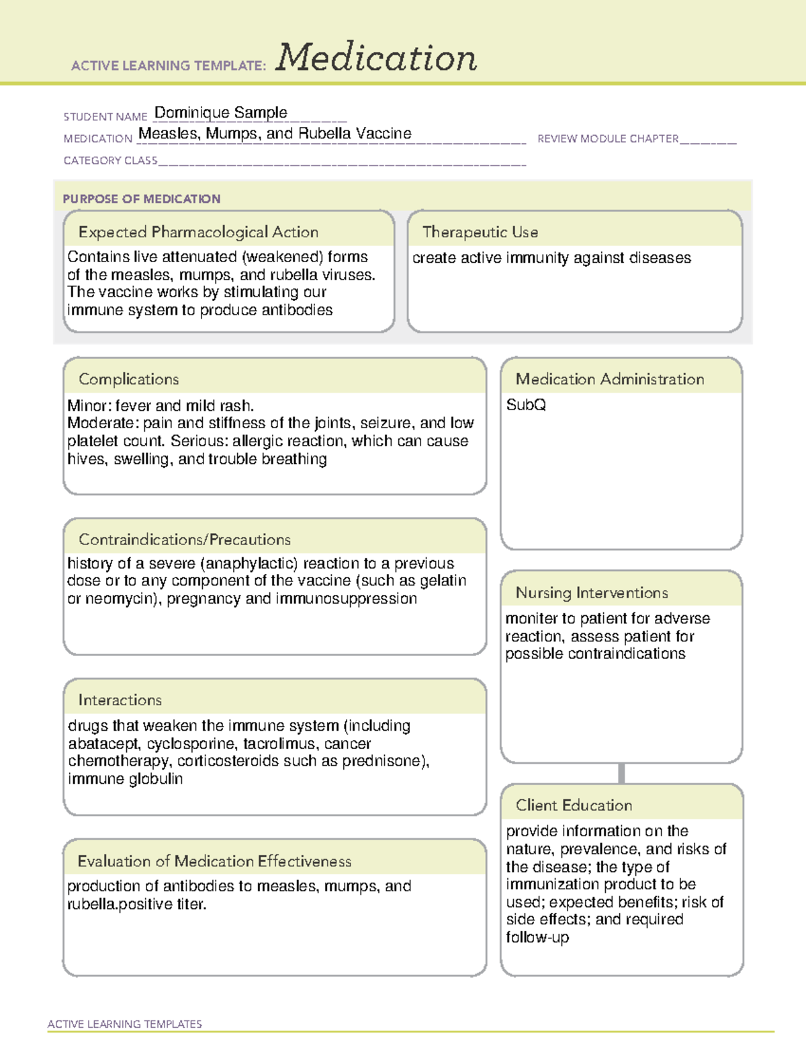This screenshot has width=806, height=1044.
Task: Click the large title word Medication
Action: pos(376,58)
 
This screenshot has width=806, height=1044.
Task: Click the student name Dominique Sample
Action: pos(220,112)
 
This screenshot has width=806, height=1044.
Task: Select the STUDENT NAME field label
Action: pos(105,117)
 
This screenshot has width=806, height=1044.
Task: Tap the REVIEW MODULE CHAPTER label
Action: pos(607,138)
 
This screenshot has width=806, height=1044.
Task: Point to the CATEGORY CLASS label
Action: pos(110,161)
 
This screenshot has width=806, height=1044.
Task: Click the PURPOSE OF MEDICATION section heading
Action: pos(141,199)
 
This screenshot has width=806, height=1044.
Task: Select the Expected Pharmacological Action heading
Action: pos(198,232)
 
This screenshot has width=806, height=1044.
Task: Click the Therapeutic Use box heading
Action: pos(480,232)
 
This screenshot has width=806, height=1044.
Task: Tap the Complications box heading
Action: pos(128,379)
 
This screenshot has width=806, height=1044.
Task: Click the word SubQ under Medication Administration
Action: pos(526,405)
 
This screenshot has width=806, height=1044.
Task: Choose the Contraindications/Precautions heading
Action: pos(184,539)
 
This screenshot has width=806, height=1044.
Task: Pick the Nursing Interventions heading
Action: pos(591,593)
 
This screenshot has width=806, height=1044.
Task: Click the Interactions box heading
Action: pos(120,700)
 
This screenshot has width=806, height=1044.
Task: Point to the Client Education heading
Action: pos(574,805)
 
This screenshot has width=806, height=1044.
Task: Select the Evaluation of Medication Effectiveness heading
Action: pos(214,861)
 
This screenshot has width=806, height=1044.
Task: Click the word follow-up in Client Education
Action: pos(537,937)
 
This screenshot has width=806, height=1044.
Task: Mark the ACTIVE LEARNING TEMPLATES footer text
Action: pos(124,1024)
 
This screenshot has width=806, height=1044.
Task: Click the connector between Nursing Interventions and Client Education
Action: pos(621,773)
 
